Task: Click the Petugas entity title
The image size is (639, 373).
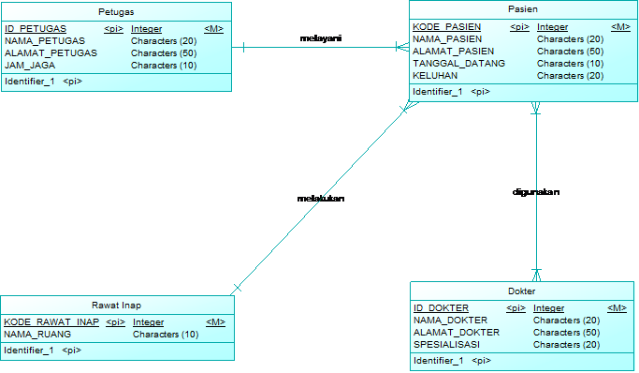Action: pos(115,11)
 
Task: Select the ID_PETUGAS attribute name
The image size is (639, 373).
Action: pos(36,29)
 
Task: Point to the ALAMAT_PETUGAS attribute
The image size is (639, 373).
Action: pos(51,53)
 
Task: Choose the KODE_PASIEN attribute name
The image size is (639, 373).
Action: pos(447,27)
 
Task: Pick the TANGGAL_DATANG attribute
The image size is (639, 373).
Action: pos(458,64)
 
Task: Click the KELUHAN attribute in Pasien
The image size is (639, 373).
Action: pos(435,76)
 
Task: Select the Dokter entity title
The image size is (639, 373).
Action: pos(522,291)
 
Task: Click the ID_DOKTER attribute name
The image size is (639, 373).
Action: pos(441,308)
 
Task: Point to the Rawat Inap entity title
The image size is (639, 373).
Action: pos(117,306)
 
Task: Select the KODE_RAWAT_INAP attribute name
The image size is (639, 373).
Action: pos(51,322)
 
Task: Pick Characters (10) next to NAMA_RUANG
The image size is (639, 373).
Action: pos(166,335)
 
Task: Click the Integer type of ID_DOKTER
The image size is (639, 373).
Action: pos(548,308)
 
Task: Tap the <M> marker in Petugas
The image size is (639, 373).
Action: pos(213,29)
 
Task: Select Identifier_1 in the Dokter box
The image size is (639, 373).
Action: pos(438,361)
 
